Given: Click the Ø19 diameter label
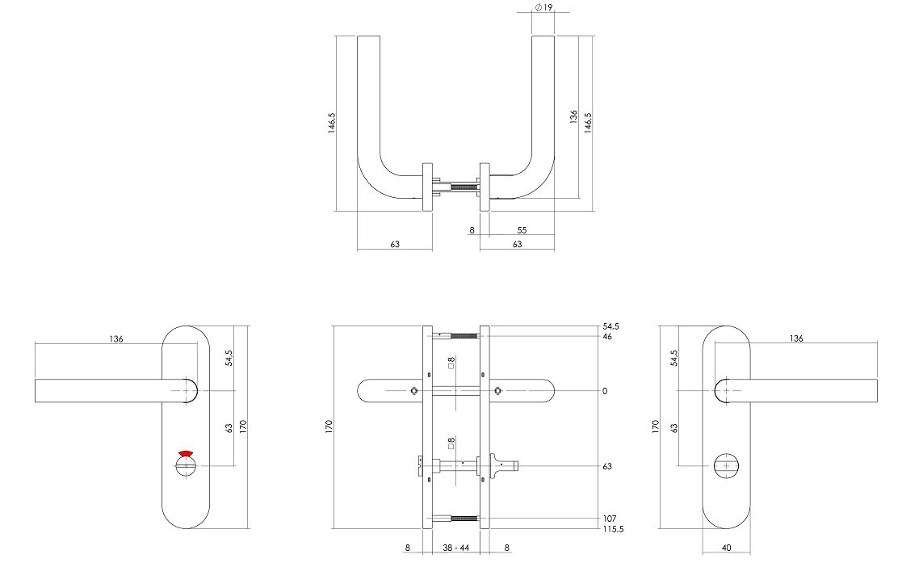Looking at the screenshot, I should [x=543, y=7].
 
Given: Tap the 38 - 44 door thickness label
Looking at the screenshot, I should [x=455, y=548].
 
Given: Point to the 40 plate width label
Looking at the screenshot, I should [x=726, y=548].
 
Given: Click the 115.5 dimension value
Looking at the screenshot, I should [x=614, y=530].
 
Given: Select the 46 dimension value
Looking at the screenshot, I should [x=606, y=336].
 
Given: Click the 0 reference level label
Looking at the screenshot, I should [x=604, y=391].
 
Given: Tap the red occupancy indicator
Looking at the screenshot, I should [x=186, y=454].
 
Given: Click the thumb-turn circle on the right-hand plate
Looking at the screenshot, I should [x=726, y=465].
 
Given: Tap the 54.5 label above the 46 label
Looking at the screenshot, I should [x=610, y=326].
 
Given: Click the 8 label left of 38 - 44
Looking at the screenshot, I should [x=408, y=548].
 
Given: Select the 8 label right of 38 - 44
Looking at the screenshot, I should [x=506, y=548].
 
